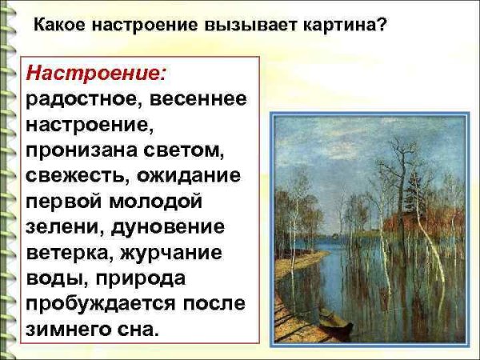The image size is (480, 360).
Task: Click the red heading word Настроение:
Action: tap(96, 74)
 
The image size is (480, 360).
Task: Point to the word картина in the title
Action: tap(335, 25)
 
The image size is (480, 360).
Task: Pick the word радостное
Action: tap(79, 99)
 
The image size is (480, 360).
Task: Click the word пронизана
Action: tap(79, 150)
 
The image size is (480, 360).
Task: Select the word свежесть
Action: tap(78, 175)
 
